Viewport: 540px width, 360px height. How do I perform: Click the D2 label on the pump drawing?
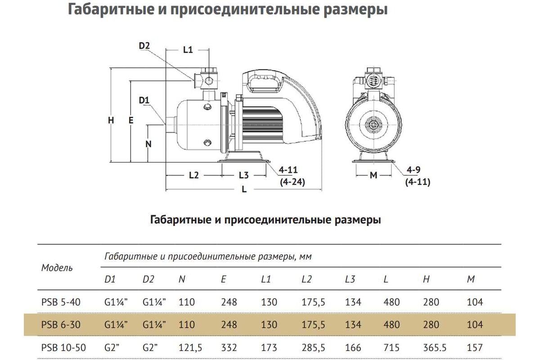point(144,45)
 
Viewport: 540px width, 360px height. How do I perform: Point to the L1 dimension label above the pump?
point(188,49)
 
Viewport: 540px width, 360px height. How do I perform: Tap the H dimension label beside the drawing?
point(111,120)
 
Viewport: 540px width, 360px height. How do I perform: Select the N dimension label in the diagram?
point(148,144)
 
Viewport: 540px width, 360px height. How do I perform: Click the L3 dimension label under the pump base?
point(243,175)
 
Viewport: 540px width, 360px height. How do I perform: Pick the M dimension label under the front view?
point(373,175)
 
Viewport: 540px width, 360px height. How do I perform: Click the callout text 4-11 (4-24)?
point(292,176)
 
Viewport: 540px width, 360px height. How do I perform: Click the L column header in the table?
point(386,279)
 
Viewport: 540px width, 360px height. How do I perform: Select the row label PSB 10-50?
point(63,347)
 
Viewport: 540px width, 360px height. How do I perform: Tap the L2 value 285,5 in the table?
point(313,348)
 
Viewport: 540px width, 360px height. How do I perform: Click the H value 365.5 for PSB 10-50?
point(435,348)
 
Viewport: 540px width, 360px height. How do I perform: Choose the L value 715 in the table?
point(391,348)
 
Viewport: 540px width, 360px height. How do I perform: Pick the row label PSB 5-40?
point(61,302)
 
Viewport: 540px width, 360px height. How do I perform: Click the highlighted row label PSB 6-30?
point(61,325)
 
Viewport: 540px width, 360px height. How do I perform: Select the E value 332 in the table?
point(229,348)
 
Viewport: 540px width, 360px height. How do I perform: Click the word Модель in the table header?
point(57,268)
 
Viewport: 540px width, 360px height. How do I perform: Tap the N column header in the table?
point(182,279)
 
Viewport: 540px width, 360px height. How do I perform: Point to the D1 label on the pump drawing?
point(144,100)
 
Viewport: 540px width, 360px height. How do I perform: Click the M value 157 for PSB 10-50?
point(475,348)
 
